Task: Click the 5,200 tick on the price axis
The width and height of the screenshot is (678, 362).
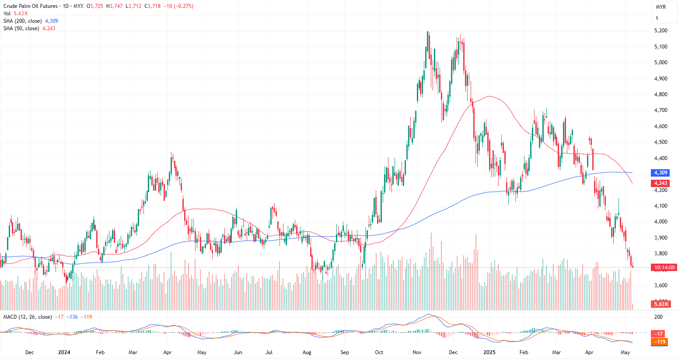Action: [661, 31]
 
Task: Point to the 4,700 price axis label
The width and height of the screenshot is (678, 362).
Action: [661, 110]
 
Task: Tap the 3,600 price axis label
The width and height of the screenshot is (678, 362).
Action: [661, 285]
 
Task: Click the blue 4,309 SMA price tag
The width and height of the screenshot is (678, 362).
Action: [661, 173]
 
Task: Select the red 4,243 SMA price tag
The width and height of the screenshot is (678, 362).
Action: [661, 183]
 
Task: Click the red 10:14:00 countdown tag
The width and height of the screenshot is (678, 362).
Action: [664, 268]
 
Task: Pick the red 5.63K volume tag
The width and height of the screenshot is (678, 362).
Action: [661, 304]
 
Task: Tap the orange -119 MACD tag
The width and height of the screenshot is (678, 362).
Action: [660, 342]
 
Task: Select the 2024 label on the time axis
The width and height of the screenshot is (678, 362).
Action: [64, 352]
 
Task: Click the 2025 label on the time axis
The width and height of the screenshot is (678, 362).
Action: [489, 352]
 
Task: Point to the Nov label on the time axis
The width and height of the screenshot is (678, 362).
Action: [417, 352]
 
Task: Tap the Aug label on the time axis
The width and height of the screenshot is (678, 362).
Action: [307, 352]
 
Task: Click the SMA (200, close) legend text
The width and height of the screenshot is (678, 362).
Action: [23, 21]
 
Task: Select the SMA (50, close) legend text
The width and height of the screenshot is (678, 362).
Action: [21, 28]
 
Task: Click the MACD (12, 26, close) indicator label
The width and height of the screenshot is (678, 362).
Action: [28, 317]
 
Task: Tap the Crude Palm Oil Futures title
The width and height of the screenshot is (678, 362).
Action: [31, 6]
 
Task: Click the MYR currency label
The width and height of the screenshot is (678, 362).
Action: [661, 7]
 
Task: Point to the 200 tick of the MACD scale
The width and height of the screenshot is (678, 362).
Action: [658, 317]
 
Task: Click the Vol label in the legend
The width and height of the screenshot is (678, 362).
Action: [7, 14]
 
